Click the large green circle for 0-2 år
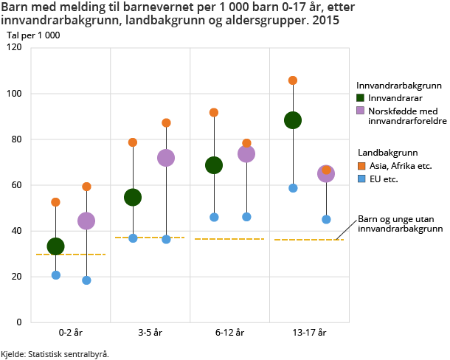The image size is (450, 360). click(55, 246)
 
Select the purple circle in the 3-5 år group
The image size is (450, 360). click(166, 158)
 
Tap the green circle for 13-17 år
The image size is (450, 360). click(293, 120)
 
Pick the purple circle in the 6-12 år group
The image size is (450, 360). click(246, 153)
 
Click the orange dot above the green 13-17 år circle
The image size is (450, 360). click(293, 80)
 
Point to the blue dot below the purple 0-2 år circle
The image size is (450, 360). click(86, 280)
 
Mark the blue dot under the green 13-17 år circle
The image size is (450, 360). click(293, 188)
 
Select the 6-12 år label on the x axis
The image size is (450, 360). click(229, 333)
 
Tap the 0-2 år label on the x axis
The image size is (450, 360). click(71, 333)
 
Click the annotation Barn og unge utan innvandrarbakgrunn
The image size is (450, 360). click(401, 224)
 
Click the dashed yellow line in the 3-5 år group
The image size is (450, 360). click(150, 238)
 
